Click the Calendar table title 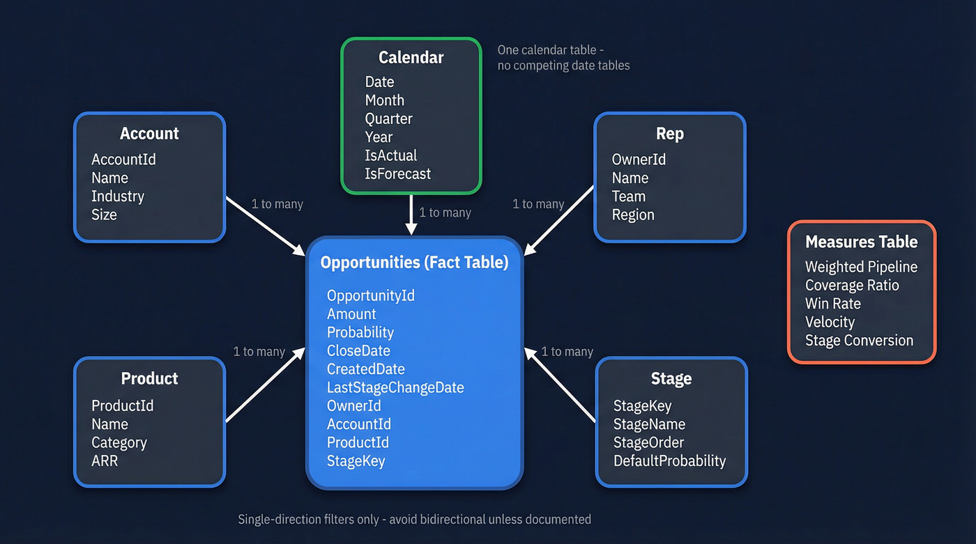pyautogui.click(x=411, y=58)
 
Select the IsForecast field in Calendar pyautogui.click(x=397, y=174)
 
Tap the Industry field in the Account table pyautogui.click(x=118, y=196)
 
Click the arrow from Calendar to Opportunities pyautogui.click(x=411, y=216)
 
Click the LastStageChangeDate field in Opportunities pyautogui.click(x=395, y=387)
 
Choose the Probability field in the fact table pyautogui.click(x=360, y=332)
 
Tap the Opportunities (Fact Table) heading pyautogui.click(x=414, y=263)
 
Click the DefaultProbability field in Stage pyautogui.click(x=669, y=461)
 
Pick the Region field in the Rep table pyautogui.click(x=633, y=215)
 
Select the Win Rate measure pyautogui.click(x=832, y=304)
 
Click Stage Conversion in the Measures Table pyautogui.click(x=859, y=341)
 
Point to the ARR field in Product pyautogui.click(x=105, y=461)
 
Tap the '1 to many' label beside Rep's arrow pyautogui.click(x=538, y=204)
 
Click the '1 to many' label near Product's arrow pyautogui.click(x=259, y=352)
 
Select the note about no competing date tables pyautogui.click(x=563, y=58)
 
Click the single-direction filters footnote pyautogui.click(x=414, y=520)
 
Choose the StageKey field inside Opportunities pyautogui.click(x=356, y=461)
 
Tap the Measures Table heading pyautogui.click(x=861, y=242)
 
